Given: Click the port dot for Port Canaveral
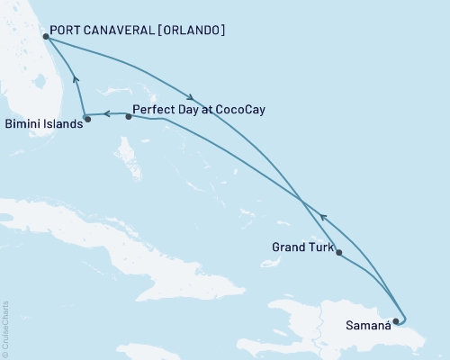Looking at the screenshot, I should (46, 37).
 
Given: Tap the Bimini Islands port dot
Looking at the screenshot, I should (87, 119).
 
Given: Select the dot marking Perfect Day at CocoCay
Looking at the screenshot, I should (129, 116).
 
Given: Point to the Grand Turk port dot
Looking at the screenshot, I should (338, 253).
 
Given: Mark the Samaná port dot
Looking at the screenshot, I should (396, 320).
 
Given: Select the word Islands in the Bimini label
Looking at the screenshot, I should (63, 125).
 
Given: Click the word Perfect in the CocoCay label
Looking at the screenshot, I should (153, 110).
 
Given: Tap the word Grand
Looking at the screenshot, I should (290, 247).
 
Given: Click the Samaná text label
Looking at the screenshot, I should (367, 327).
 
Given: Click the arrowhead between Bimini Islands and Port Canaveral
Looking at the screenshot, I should (76, 81).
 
